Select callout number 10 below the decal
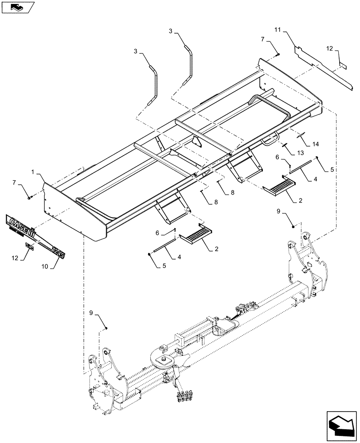click(45, 267)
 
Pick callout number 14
click(315, 144)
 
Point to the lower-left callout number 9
click(91, 313)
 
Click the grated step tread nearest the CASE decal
click(196, 234)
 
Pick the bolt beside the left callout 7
click(29, 198)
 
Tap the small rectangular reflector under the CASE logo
click(28, 246)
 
